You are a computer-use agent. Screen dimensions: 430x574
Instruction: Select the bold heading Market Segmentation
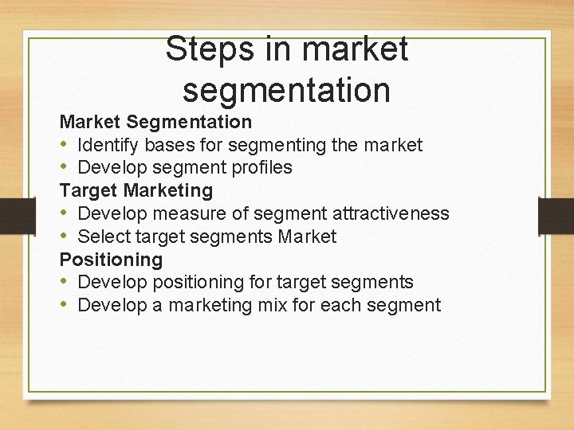156,122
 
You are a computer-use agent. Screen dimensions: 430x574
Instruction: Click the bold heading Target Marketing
136,190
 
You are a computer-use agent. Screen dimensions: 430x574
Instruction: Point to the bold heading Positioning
111,260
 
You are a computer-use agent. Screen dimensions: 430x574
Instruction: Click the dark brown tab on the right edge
556,216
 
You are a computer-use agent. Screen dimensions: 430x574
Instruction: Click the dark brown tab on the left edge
17,216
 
